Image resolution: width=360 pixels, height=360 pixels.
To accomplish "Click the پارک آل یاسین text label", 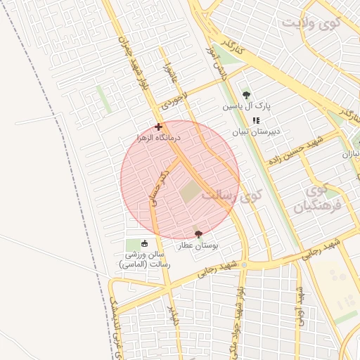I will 247,106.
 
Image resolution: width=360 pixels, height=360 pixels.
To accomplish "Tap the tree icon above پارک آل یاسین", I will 246,95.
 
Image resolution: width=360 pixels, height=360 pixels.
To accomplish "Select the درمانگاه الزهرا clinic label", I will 158,137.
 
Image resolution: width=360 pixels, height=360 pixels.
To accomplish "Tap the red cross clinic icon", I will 158,127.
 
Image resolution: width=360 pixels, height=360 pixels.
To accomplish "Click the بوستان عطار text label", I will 198,245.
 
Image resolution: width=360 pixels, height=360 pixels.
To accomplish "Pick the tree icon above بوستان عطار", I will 198,234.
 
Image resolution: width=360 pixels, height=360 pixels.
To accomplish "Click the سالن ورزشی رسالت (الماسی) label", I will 144,259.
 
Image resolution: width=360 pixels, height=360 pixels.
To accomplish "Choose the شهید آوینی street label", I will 299,304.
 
